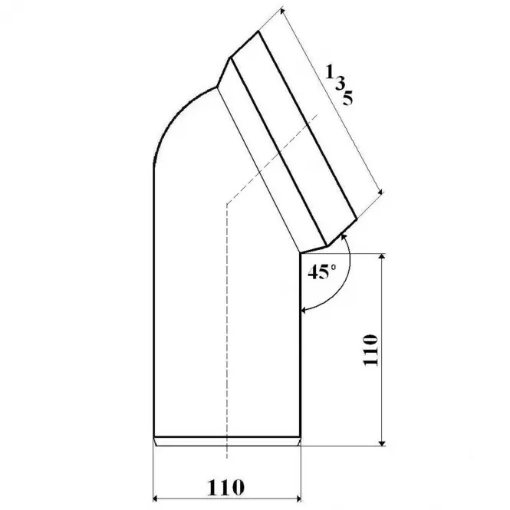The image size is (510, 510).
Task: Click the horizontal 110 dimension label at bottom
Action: [225, 486]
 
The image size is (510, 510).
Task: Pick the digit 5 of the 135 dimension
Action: [348, 99]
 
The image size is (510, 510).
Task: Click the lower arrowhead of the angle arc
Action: [304, 310]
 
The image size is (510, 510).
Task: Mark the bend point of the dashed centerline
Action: [226, 205]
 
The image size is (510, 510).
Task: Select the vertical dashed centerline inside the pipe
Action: [226, 322]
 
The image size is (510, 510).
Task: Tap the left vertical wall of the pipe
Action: [153, 307]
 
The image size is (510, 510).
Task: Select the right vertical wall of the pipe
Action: [300, 345]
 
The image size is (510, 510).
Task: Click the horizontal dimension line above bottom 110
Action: [226, 498]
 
